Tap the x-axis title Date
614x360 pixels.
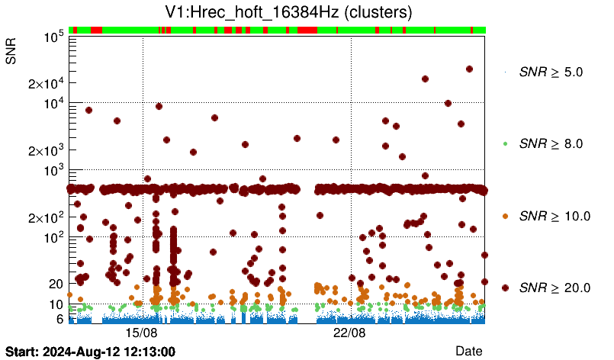[x=468, y=350]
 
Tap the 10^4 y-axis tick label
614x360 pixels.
[x=53, y=104]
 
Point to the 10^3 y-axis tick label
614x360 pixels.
[x=53, y=171]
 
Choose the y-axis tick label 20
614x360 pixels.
[x=55, y=284]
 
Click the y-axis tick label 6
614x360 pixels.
[x=59, y=319]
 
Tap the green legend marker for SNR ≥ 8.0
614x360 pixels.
[x=506, y=143]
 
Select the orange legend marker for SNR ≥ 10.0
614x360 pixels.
[x=506, y=216]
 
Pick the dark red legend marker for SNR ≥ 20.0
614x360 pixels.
[x=506, y=288]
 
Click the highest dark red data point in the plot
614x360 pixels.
[x=469, y=69]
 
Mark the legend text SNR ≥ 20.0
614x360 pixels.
[x=555, y=288]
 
